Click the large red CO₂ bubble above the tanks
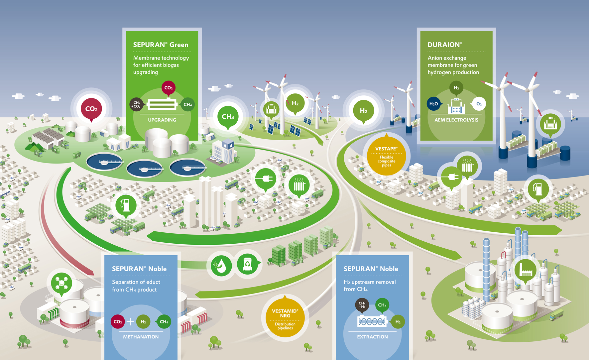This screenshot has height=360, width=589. click(91, 109)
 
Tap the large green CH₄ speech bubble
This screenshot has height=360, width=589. click(228, 117)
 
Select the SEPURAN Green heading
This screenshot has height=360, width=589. click(161, 45)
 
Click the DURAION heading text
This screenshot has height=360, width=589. click(445, 45)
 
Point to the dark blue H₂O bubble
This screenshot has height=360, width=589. click(433, 104)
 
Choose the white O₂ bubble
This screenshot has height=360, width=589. click(479, 104)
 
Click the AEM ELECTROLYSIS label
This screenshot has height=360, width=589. click(456, 120)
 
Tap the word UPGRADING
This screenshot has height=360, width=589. click(162, 120)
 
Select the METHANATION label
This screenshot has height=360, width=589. click(141, 337)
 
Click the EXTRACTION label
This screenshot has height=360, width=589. click(372, 337)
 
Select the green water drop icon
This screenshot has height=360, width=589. click(221, 266)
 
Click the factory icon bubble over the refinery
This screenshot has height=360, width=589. click(525, 270)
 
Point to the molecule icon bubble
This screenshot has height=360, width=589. click(61, 283)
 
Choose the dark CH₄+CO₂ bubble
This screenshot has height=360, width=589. click(136, 105)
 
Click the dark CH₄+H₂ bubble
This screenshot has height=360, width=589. click(362, 305)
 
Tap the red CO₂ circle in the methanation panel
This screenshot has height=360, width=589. click(118, 322)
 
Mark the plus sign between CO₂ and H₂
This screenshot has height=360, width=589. click(130, 321)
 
